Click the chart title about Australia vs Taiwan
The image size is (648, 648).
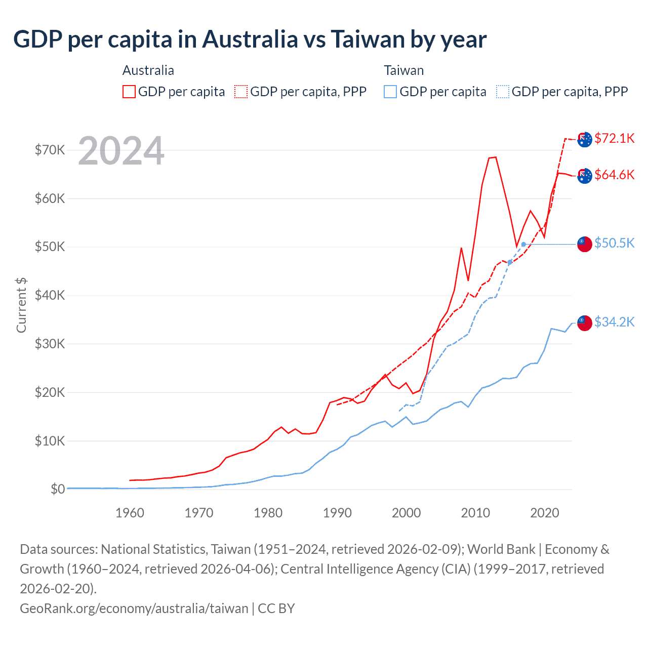tap(250, 39)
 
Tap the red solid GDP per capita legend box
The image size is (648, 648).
tap(129, 92)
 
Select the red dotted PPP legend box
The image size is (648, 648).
tap(241, 92)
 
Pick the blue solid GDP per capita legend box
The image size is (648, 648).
tap(390, 92)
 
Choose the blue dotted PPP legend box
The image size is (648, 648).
tap(503, 92)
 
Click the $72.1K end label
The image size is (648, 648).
tap(614, 138)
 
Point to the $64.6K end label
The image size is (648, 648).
tap(614, 175)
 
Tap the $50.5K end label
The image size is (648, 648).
tap(614, 243)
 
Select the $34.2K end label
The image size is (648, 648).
tap(614, 322)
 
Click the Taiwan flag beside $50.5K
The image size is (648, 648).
tap(585, 244)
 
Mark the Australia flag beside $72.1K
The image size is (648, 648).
tap(585, 139)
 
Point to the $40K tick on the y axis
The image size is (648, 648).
tap(50, 295)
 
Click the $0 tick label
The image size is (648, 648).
tap(57, 489)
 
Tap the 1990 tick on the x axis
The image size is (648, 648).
tap(337, 513)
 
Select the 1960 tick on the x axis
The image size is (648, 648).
tap(130, 513)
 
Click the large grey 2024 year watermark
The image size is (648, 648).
tap(121, 151)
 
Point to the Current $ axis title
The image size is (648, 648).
tap(21, 305)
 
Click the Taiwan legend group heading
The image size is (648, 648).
tap(403, 70)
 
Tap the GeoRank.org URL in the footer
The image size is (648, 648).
tap(134, 608)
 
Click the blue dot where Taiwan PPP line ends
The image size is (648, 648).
tap(523, 245)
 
